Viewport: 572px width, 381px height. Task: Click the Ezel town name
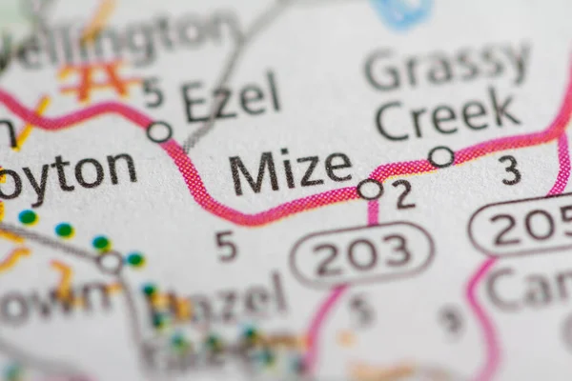point(231,97)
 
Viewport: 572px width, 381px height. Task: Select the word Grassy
point(447,67)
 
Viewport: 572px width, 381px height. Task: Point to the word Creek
point(448,116)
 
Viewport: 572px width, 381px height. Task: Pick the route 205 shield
point(522,225)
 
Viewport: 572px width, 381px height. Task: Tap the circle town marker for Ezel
point(159,131)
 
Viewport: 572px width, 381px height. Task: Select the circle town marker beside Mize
point(370,190)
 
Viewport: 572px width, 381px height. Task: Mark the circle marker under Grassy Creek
point(440,156)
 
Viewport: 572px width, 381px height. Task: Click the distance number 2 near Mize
point(404,194)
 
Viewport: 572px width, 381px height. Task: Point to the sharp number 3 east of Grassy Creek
point(511,170)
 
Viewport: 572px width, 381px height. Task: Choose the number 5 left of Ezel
point(153,93)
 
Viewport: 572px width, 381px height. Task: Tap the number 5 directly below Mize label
point(226,246)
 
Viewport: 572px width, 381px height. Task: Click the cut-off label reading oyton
point(68,173)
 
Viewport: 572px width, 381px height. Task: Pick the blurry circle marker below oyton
point(111,261)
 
